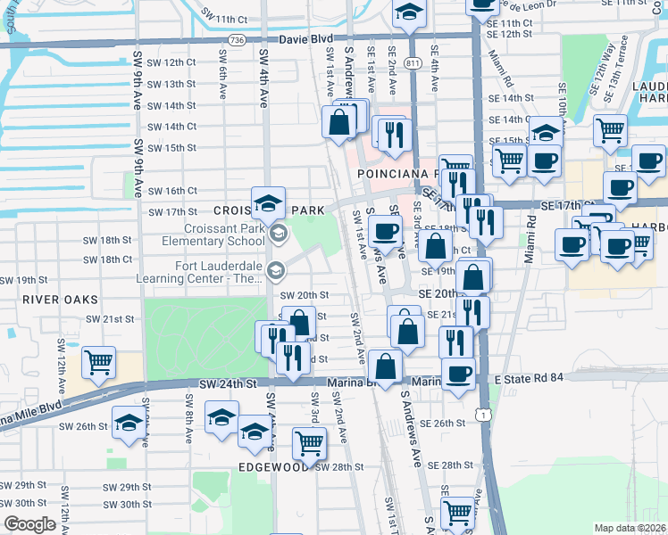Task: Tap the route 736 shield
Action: click(236, 40)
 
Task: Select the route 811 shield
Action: click(413, 62)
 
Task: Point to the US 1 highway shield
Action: click(483, 413)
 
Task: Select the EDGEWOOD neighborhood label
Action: click(273, 466)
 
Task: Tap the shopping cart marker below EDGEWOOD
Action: click(309, 442)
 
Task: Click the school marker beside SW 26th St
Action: click(129, 423)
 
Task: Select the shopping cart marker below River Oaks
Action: click(97, 362)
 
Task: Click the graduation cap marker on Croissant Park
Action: click(268, 203)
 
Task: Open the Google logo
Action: click(29, 524)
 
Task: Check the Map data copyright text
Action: click(630, 528)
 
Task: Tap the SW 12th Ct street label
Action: click(171, 62)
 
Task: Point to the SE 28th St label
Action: click(448, 465)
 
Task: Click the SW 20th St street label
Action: click(305, 295)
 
